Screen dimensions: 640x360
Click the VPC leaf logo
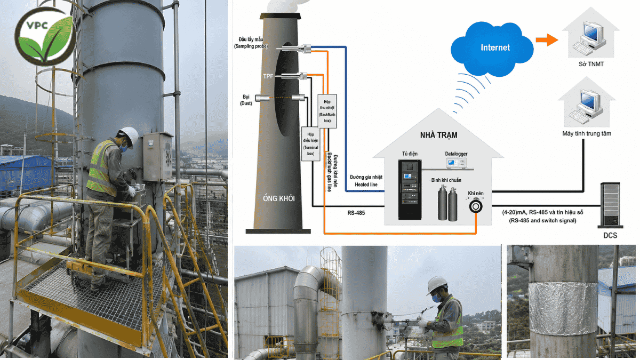(45, 36)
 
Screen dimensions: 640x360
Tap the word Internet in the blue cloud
(495, 47)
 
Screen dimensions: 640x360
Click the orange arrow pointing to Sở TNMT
(547, 39)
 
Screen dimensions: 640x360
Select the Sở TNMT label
(591, 65)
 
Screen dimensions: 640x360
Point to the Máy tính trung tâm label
(587, 133)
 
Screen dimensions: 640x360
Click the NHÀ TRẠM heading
(438, 135)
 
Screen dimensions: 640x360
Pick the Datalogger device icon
(457, 163)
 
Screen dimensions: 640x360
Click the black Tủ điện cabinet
(410, 190)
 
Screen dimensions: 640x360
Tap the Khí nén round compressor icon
(476, 206)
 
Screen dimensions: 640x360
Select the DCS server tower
(610, 205)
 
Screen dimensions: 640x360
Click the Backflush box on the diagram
(327, 111)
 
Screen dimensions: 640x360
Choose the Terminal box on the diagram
(310, 143)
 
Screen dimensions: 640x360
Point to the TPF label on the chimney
(268, 76)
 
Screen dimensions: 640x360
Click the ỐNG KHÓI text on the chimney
(279, 198)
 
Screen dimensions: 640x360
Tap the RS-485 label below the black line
(356, 213)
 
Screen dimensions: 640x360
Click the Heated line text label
(366, 185)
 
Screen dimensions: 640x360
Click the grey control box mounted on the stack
(157, 156)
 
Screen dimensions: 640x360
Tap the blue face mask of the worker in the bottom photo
(436, 298)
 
